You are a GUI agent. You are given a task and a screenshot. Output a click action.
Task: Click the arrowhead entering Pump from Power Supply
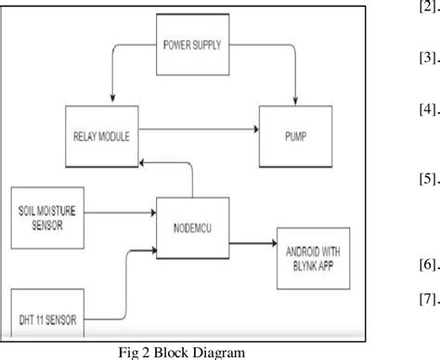click(293, 99)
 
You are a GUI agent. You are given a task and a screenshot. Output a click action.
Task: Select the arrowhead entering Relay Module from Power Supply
click(110, 100)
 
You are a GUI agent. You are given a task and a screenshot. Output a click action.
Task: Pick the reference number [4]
click(404, 109)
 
